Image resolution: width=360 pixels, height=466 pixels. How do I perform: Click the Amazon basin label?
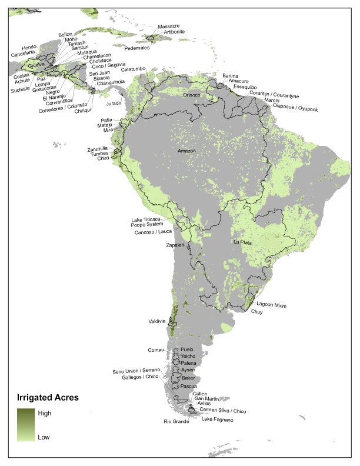pos(186,151)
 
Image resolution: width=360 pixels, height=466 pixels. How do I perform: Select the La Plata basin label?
pos(244,242)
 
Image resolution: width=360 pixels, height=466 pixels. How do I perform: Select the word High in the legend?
pos(45,413)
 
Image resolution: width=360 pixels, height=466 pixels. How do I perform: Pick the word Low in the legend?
pos(44,437)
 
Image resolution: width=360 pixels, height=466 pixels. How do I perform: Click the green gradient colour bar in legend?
pos(25,425)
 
